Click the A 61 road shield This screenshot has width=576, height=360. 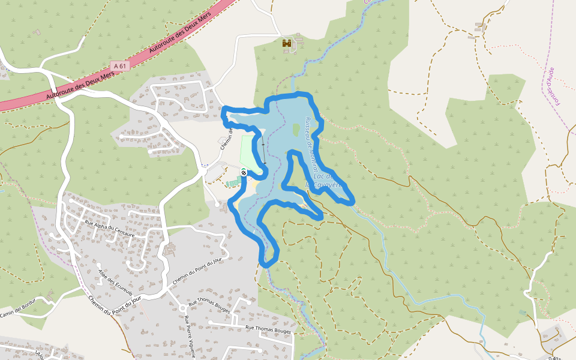point(120,66)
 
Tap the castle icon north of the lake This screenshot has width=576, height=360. point(288,43)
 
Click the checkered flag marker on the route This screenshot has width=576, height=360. point(244,173)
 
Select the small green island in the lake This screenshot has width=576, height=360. point(296,130)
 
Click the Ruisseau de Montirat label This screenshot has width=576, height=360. point(311,144)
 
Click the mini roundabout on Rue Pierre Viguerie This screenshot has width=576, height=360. point(182,308)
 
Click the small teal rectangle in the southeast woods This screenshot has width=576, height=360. point(523,313)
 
